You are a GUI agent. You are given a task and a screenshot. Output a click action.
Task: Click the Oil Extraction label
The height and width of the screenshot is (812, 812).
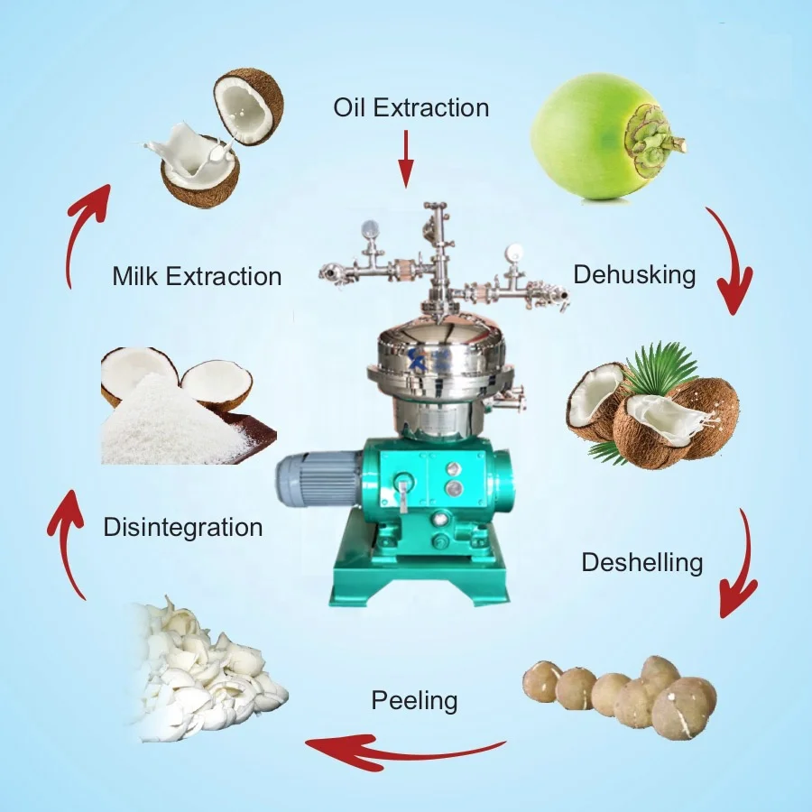pyautogui.click(x=411, y=108)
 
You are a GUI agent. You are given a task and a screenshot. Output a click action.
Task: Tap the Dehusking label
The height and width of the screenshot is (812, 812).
pyautogui.click(x=634, y=274)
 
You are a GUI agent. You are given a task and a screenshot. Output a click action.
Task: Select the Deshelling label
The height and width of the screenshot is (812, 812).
pyautogui.click(x=641, y=562)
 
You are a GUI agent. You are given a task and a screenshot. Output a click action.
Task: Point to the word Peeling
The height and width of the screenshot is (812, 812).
pyautogui.click(x=414, y=700)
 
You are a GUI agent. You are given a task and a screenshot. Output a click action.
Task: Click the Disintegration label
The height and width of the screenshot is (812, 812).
pyautogui.click(x=183, y=527)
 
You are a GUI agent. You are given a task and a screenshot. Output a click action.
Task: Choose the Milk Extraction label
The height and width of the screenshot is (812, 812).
pyautogui.click(x=197, y=275)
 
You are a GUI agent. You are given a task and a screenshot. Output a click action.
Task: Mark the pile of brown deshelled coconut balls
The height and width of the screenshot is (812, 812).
pyautogui.click(x=623, y=695)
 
